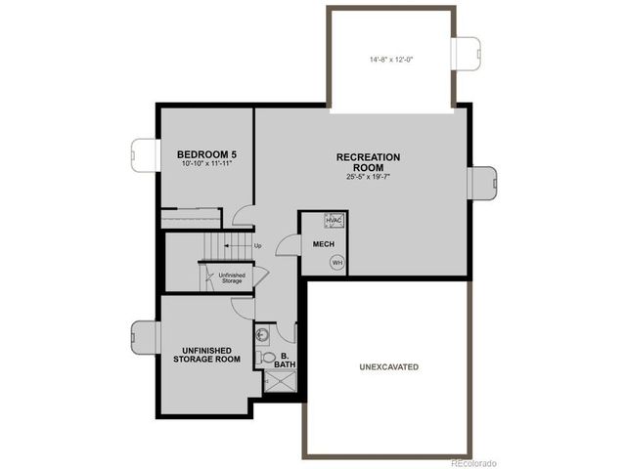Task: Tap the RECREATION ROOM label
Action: (x=368, y=162)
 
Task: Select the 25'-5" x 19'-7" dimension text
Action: (x=368, y=177)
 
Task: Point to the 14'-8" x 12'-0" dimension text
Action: (x=391, y=60)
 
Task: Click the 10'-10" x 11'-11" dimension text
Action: (x=206, y=163)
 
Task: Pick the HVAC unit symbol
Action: (x=335, y=220)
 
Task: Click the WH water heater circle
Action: (x=337, y=263)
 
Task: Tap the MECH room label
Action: (x=324, y=244)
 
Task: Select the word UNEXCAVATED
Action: (x=389, y=367)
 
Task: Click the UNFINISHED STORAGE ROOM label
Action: (x=206, y=355)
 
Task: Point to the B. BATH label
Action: (x=285, y=361)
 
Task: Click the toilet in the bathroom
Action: (x=265, y=357)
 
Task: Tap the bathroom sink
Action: (x=262, y=335)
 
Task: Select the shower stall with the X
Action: (x=281, y=381)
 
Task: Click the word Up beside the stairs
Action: (x=258, y=246)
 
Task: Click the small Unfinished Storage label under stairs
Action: (x=232, y=277)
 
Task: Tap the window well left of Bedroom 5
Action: (x=144, y=155)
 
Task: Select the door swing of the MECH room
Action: (x=289, y=245)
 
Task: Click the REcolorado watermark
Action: (x=473, y=463)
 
